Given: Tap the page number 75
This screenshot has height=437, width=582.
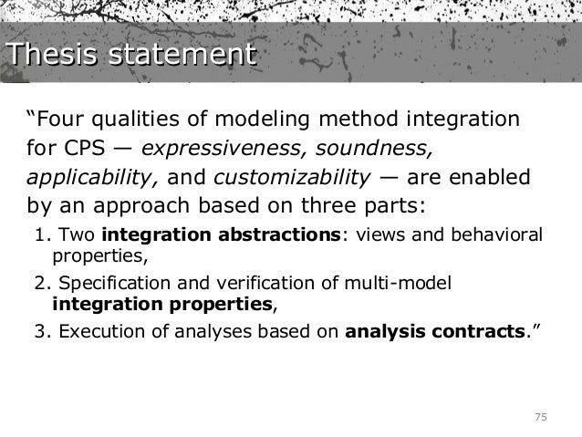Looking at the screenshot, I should click(540, 417).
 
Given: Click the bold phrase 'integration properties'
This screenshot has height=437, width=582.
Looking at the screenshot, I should click(162, 302).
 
